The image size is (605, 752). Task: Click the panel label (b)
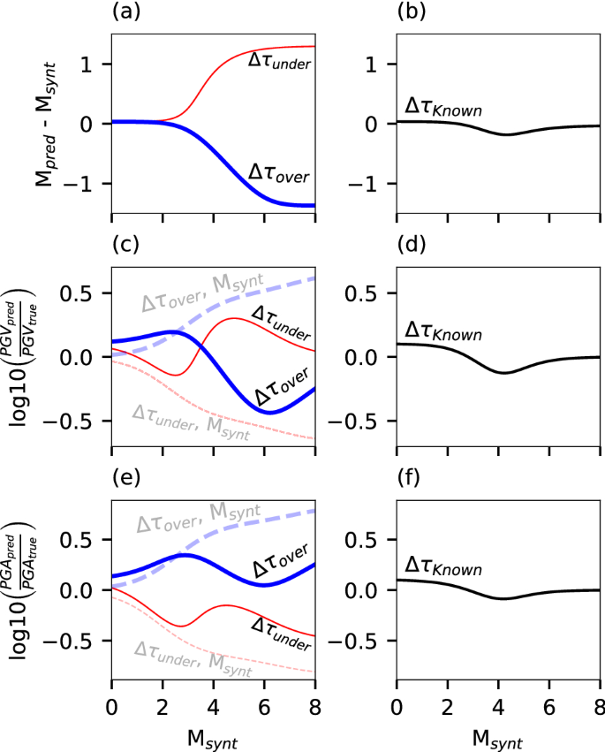412,11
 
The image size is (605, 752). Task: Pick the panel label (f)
410,480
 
